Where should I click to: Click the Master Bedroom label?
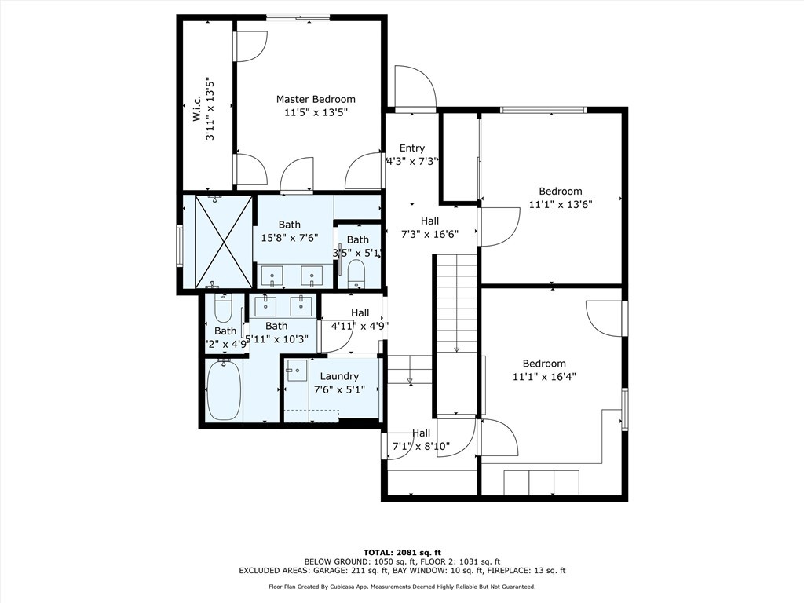coord(316,100)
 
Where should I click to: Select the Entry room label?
coord(411,148)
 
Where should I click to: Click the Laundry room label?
coord(339,376)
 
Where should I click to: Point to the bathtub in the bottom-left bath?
coord(224,390)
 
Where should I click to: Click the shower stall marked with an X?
coord(223,241)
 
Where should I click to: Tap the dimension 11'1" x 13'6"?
coord(560,203)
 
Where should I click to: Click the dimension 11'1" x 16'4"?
coord(544,376)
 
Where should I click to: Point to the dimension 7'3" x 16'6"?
coord(429,233)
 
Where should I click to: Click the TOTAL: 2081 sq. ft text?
coord(401,551)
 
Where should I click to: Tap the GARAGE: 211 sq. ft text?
coord(365,571)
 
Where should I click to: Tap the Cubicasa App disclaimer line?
coord(401,587)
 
